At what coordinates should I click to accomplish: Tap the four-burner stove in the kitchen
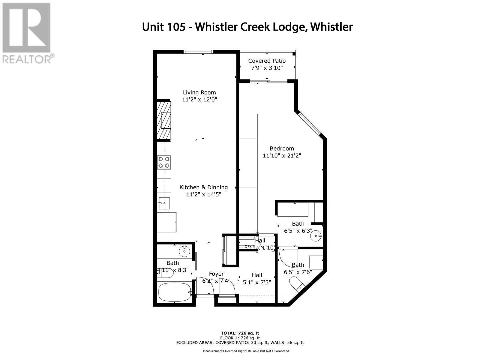(x=164, y=162)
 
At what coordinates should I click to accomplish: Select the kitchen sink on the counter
(x=164, y=203)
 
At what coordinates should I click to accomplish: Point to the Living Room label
(x=199, y=92)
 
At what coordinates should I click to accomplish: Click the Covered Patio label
(x=267, y=61)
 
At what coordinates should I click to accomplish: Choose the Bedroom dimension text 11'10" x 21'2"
(x=282, y=155)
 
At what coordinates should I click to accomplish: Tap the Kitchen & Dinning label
(x=203, y=187)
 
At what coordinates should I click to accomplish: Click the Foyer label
(x=216, y=274)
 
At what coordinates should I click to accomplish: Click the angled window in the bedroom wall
(x=310, y=124)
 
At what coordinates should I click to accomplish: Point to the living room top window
(x=199, y=52)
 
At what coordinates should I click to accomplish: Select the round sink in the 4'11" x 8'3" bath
(x=184, y=251)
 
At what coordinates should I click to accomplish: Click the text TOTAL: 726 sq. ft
(x=240, y=333)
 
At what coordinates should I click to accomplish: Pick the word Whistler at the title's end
(x=331, y=27)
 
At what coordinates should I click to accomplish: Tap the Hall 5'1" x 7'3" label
(x=257, y=279)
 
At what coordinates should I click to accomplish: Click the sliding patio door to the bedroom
(x=268, y=81)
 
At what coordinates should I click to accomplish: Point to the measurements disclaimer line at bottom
(x=246, y=351)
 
